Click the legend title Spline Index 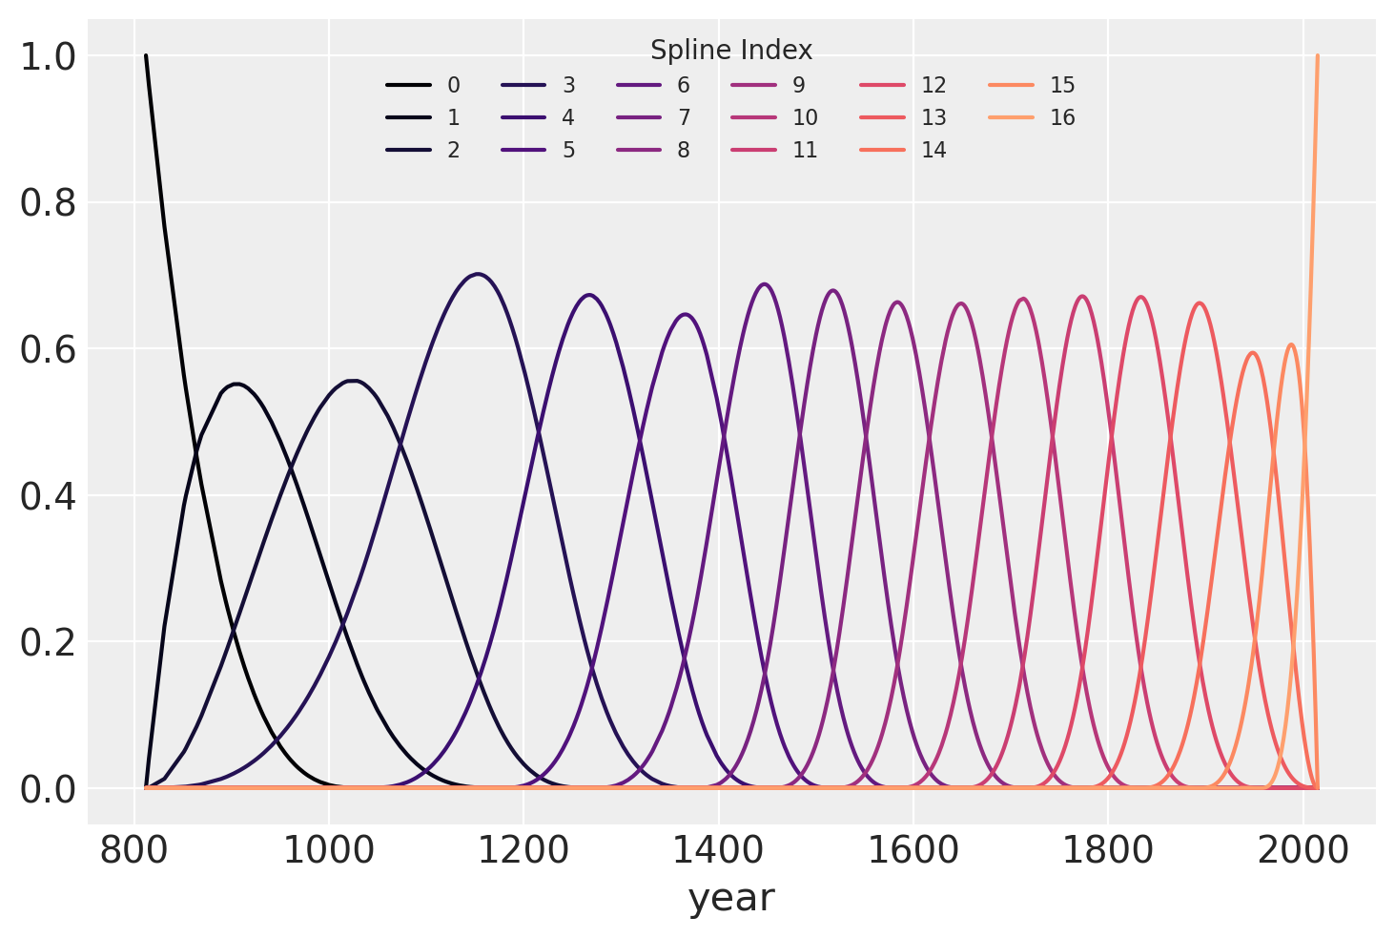tap(730, 50)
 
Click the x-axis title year tap(731, 898)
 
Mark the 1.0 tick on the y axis tap(48, 57)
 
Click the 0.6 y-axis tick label tap(48, 349)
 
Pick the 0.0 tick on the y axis tap(48, 789)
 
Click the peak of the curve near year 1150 tap(478, 274)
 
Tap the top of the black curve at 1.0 tap(146, 55)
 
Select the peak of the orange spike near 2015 tap(1317, 55)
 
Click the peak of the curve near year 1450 tap(764, 283)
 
